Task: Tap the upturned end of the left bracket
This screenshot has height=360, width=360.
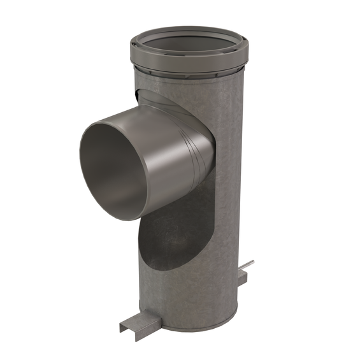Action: pyautogui.click(x=122, y=328)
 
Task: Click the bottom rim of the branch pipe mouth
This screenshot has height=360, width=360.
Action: pyautogui.click(x=121, y=213)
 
